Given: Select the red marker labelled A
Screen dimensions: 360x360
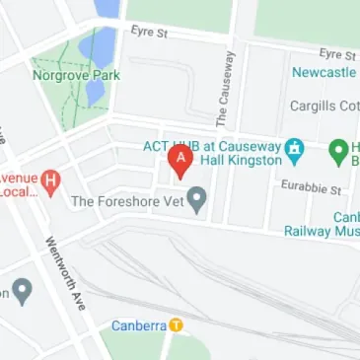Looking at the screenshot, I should (x=180, y=160).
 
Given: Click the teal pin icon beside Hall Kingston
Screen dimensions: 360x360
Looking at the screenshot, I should (x=294, y=151).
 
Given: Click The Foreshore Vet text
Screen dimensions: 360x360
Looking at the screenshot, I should (x=127, y=202).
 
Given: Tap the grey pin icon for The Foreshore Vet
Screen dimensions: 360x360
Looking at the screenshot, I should (x=197, y=200).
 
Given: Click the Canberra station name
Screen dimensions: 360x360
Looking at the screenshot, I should (x=137, y=324).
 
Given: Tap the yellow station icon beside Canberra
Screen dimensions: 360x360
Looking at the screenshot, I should (x=176, y=324).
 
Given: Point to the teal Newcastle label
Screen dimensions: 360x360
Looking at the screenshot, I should (x=324, y=73).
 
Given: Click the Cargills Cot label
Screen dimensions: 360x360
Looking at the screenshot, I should (x=324, y=106).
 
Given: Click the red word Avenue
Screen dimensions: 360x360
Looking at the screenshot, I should (x=18, y=178).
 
